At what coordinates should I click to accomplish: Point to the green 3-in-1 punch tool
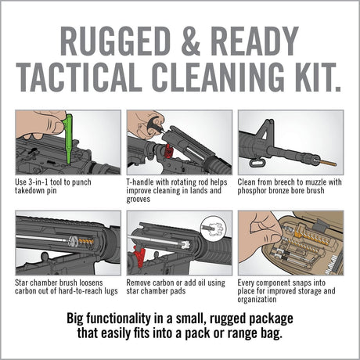68,136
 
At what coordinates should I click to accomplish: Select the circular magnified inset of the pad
214,228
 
